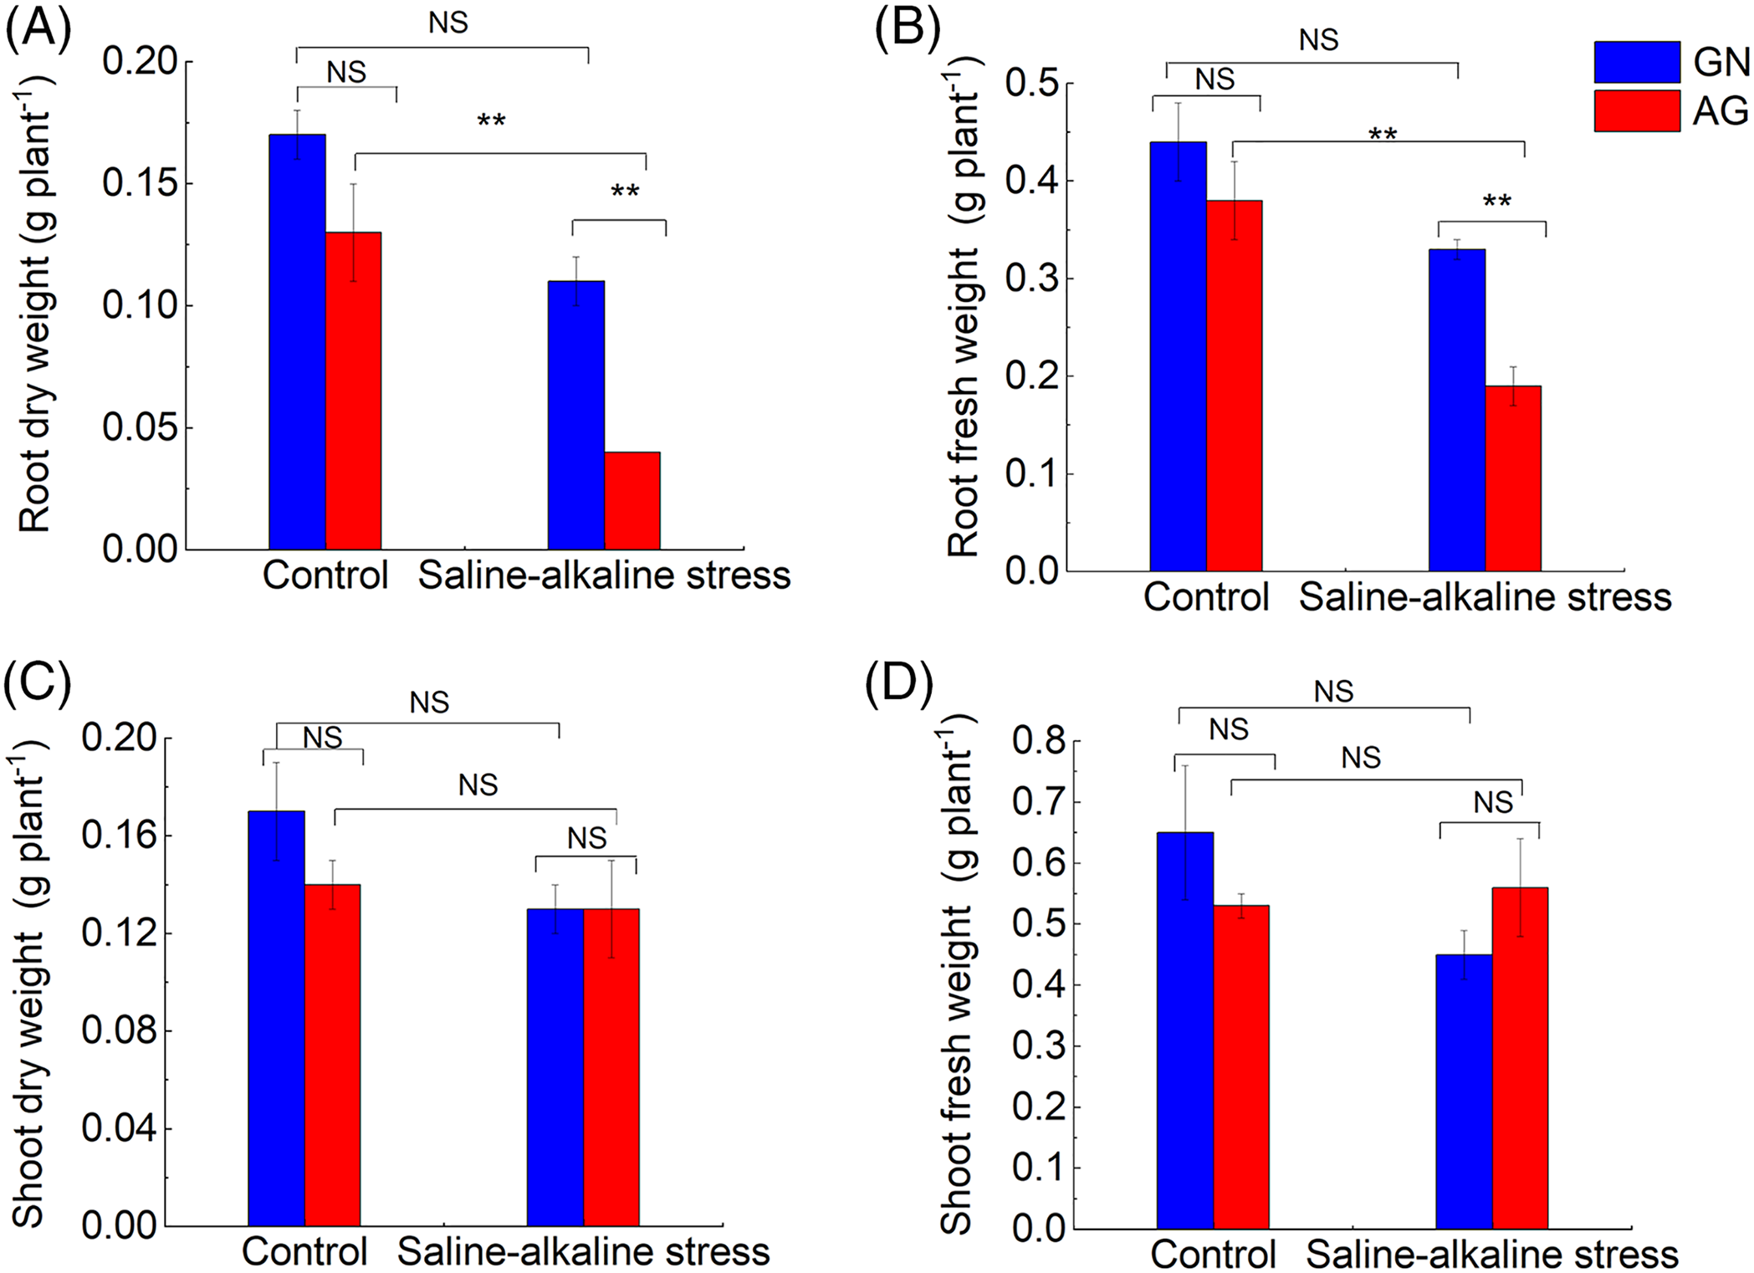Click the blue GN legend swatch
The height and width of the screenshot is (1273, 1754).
pyautogui.click(x=1636, y=62)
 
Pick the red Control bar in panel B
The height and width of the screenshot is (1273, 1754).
pyautogui.click(x=1234, y=385)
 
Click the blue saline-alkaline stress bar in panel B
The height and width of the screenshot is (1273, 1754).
pyautogui.click(x=1457, y=410)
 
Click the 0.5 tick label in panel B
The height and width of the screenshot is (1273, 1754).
pyautogui.click(x=1031, y=84)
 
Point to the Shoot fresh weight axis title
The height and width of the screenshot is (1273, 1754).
pyautogui.click(x=956, y=970)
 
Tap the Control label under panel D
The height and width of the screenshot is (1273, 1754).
pyautogui.click(x=1213, y=1255)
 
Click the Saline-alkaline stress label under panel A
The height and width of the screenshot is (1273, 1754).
pyautogui.click(x=604, y=575)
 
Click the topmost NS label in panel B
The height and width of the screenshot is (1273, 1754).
pyautogui.click(x=1319, y=39)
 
